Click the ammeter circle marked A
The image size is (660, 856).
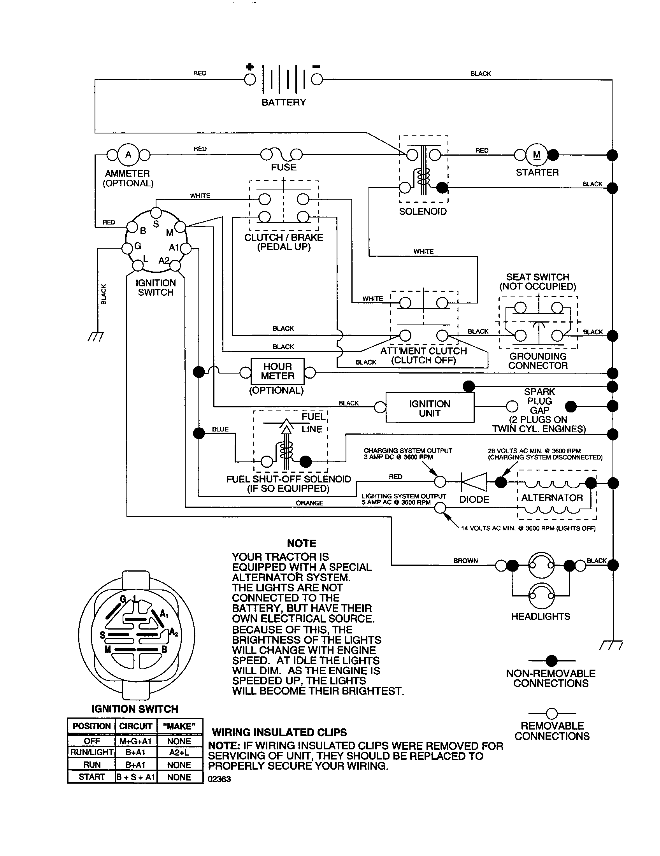click(128, 155)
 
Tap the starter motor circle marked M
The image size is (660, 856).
click(537, 155)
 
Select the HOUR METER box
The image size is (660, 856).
click(277, 372)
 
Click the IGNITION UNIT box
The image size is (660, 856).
click(430, 408)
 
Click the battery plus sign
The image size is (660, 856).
click(250, 67)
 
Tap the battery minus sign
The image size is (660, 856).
click(317, 67)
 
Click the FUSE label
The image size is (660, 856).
click(284, 167)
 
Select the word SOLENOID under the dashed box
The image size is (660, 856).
click(423, 212)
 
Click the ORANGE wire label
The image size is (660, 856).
click(309, 503)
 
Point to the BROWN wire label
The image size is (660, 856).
click(465, 561)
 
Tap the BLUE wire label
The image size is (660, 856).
click(220, 429)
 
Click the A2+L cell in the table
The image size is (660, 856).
click(179, 752)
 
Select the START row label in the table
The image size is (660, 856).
click(91, 777)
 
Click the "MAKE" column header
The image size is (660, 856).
click(179, 726)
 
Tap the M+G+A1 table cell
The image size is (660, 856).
click(135, 741)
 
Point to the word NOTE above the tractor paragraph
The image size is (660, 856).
click(301, 543)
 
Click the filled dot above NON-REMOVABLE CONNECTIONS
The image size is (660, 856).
click(551, 661)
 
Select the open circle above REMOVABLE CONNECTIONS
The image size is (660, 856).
click(551, 713)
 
